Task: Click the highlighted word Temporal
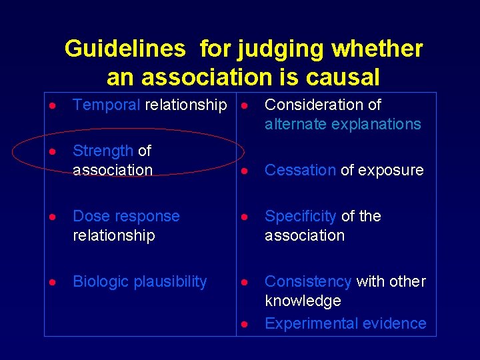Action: [107, 105]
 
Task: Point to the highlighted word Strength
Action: [103, 151]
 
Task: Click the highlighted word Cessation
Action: [300, 170]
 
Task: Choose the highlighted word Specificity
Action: [301, 216]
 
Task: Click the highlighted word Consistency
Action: [308, 281]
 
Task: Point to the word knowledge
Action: [303, 301]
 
